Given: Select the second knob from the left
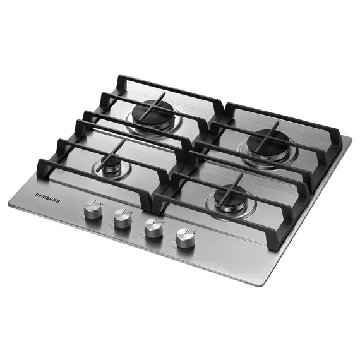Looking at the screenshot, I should [122, 219].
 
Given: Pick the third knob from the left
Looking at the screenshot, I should [152, 229].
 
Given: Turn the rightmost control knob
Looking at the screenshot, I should [184, 238].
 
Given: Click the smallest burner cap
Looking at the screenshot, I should [112, 165].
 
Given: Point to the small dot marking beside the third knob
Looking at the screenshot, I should [163, 222].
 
